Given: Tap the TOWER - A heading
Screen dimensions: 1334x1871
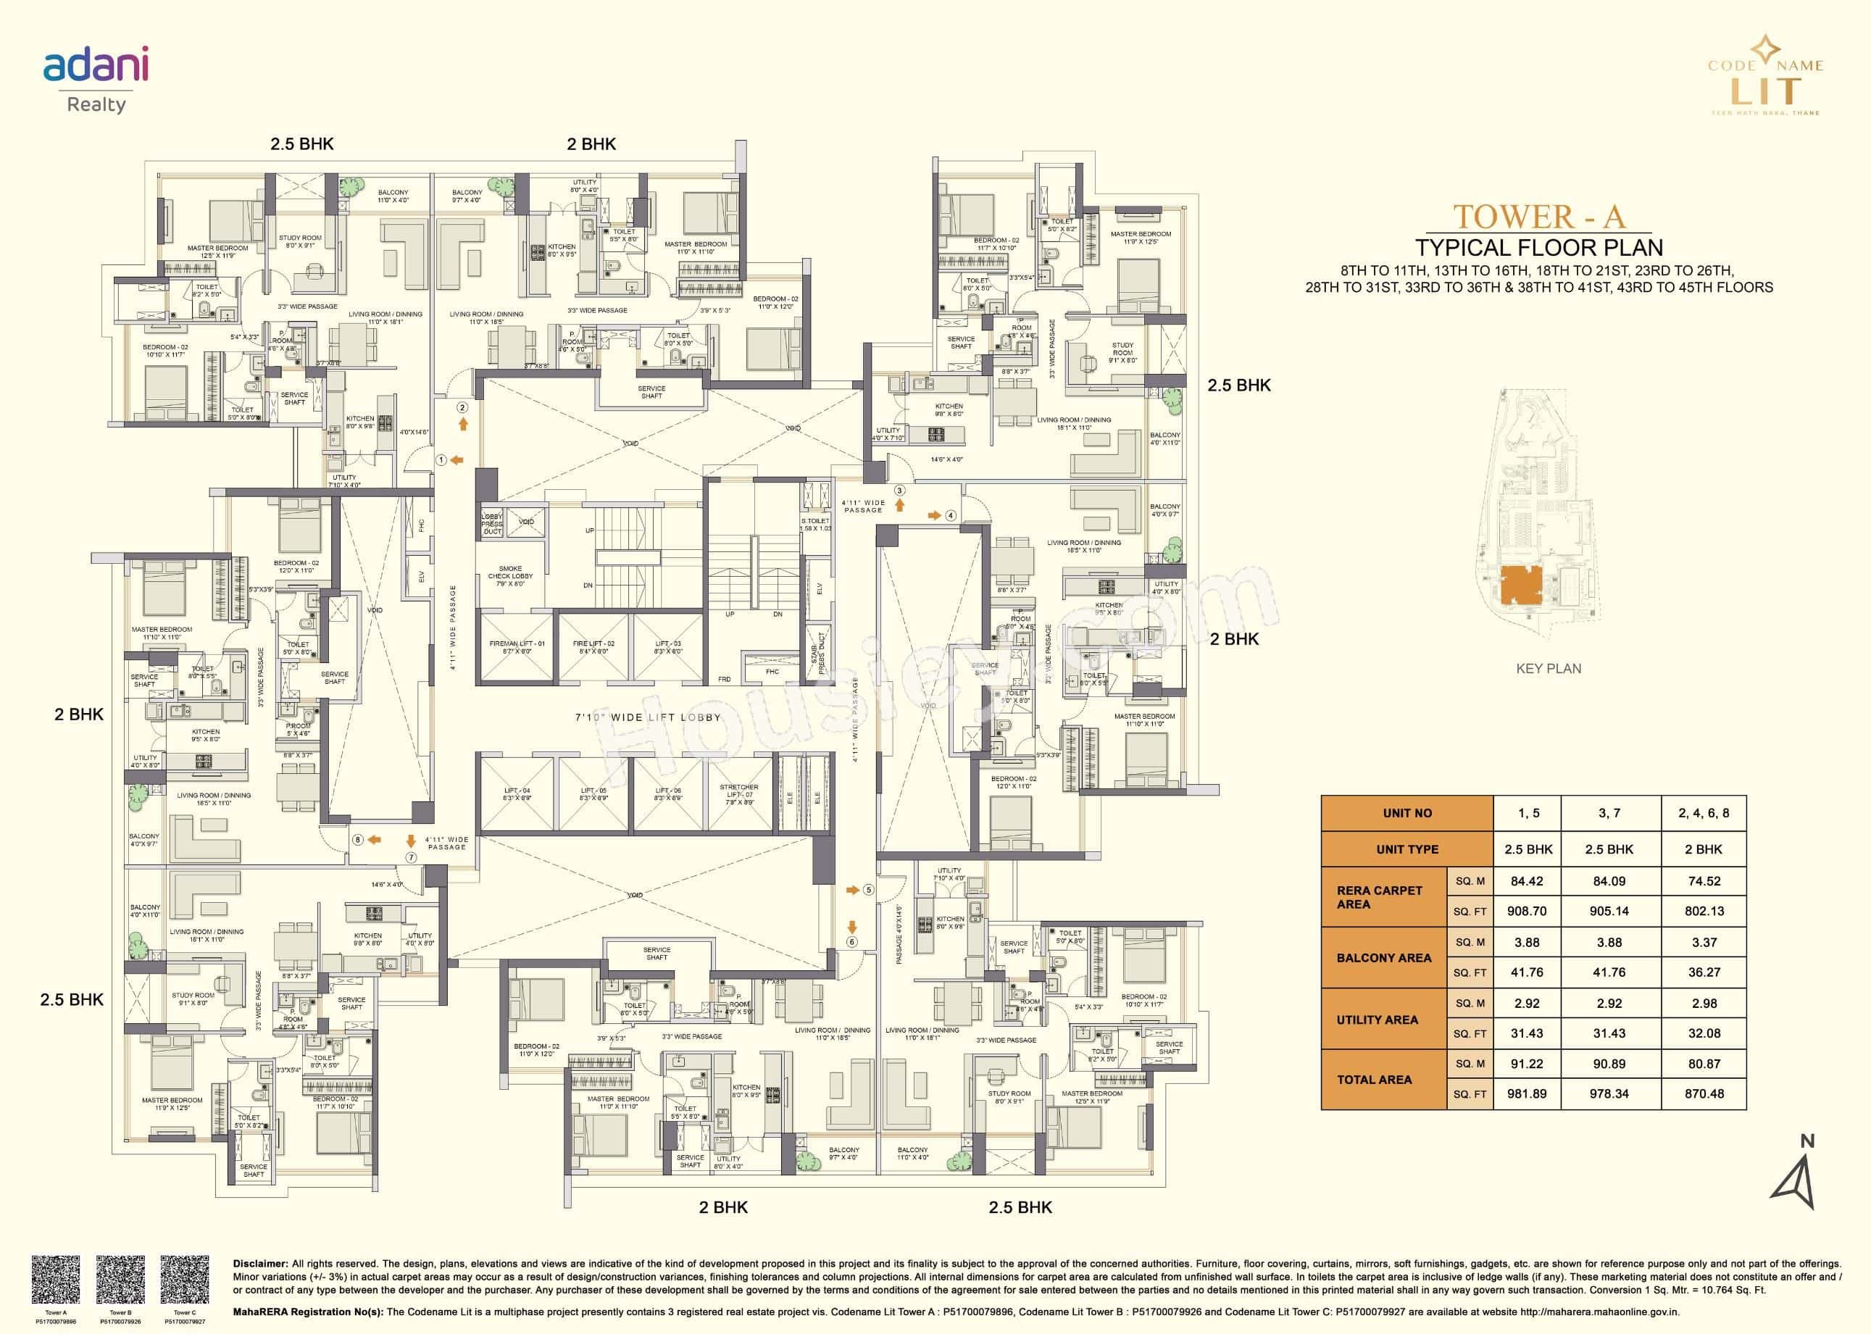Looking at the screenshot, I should point(1538,216).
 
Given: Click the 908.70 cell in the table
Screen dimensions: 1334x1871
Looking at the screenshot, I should point(1526,911).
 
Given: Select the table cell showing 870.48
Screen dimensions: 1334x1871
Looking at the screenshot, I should point(1704,1093).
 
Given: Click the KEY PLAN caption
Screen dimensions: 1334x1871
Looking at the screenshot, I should point(1549,669).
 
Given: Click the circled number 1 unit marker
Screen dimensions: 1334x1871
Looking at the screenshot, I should point(441,460).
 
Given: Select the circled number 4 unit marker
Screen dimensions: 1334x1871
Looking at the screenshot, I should point(950,516).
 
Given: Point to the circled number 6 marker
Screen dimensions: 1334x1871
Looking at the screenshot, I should point(851,941).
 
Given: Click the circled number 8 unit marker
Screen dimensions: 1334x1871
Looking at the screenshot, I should point(357,840).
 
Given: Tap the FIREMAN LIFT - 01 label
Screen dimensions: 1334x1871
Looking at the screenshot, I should point(517,647).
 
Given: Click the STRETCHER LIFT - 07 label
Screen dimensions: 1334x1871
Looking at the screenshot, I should point(738,794).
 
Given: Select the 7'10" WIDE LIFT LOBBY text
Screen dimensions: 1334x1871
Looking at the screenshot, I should point(648,717).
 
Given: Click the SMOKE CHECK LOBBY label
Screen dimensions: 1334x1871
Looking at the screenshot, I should point(510,576).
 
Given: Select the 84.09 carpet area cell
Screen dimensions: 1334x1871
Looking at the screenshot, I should point(1608,880).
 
